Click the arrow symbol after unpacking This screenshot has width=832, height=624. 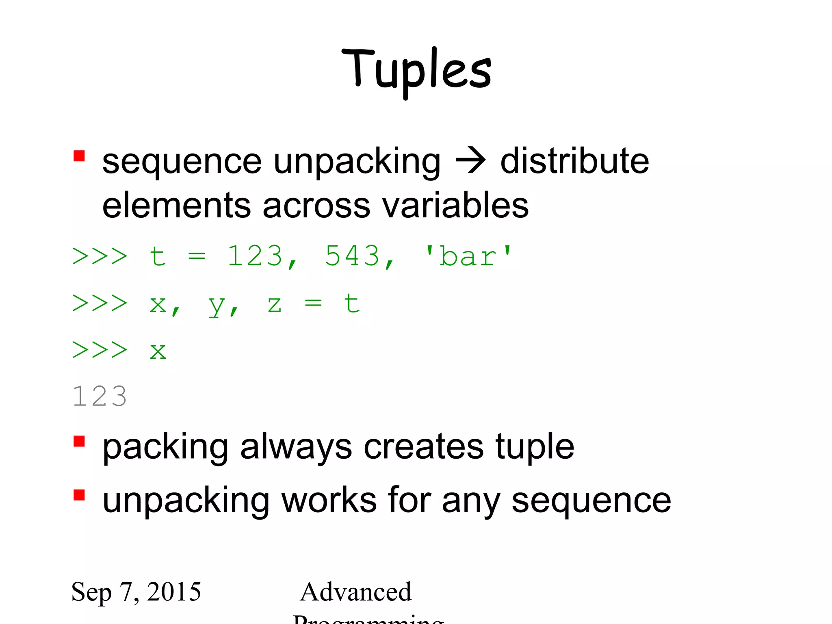[x=470, y=161]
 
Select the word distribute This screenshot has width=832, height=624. [x=574, y=161]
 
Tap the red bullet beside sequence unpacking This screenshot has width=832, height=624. [x=79, y=156]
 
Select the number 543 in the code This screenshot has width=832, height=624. [x=352, y=256]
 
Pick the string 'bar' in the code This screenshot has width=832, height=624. [x=468, y=256]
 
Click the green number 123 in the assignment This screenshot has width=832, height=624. [x=255, y=256]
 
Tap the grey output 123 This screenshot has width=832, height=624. [x=100, y=396]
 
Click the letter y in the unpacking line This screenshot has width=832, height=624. [x=217, y=305]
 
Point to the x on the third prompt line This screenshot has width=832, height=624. [x=158, y=351]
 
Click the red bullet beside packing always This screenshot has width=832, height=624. [x=79, y=441]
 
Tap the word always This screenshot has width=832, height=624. [x=296, y=447]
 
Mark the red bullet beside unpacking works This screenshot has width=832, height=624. [x=79, y=495]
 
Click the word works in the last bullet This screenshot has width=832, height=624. [x=329, y=500]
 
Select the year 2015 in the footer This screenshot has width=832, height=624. [x=174, y=591]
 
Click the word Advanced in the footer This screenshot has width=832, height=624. [x=356, y=591]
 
